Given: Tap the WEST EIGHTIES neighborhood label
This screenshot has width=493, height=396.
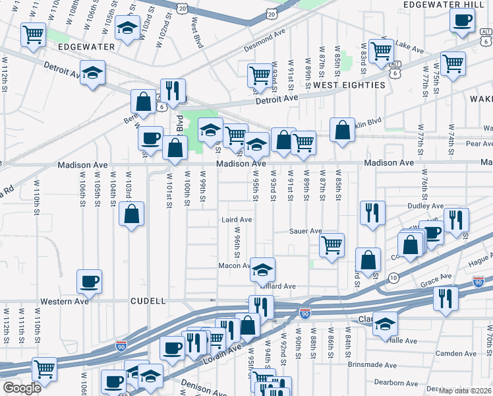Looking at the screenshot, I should coord(349,85).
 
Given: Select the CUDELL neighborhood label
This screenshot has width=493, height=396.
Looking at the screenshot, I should coord(148,301).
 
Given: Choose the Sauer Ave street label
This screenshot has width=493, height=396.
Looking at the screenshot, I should coord(306,231).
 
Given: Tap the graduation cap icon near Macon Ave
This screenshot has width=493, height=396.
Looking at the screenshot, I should coord(262,269).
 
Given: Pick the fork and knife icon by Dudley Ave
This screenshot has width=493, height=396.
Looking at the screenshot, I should coord(372,212).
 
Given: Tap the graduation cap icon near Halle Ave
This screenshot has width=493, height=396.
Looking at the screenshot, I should coord(385,325).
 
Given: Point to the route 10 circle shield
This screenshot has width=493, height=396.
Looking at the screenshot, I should coord(393,278).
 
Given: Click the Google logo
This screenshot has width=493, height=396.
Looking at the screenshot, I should coord(21,388).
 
